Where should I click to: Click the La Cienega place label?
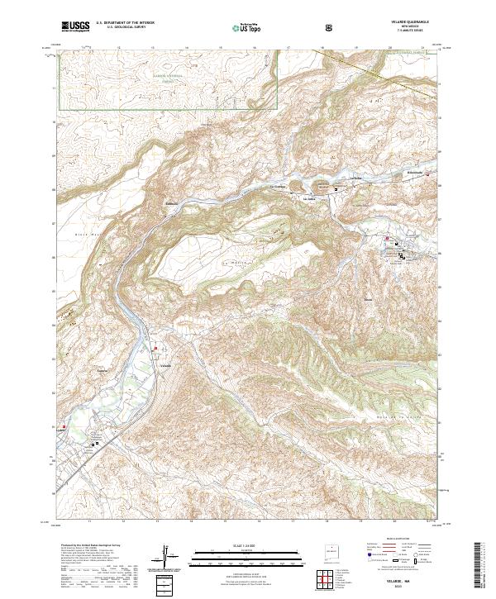(x=279, y=186)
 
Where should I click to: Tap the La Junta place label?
(x=312, y=198)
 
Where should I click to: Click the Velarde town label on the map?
(x=165, y=365)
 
